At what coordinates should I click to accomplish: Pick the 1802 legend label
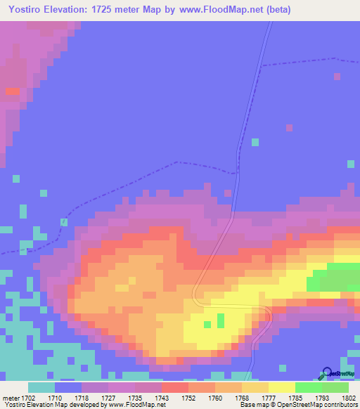tap(349, 397)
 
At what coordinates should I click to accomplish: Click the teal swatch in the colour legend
tap(41, 387)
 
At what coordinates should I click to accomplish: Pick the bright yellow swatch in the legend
tap(281, 387)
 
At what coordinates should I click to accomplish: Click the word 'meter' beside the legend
tap(11, 397)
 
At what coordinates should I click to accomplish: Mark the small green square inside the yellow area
tap(221, 321)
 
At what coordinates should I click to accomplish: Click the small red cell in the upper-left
tap(12, 91)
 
